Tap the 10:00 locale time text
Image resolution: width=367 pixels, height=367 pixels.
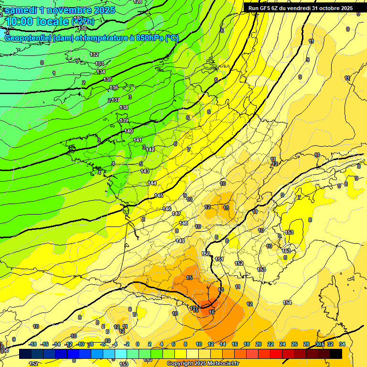point(36,22)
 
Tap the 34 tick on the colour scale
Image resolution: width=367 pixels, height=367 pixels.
point(342,344)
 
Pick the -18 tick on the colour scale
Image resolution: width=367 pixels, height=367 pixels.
point(32,344)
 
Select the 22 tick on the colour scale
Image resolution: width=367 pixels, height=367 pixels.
point(270,344)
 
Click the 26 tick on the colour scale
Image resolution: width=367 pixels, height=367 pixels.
point(294,344)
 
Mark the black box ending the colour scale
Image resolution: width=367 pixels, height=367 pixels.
point(336,354)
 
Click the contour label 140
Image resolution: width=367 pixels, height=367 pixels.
point(129,131)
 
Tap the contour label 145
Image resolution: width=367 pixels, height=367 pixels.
point(159,195)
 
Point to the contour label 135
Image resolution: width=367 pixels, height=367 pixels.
point(108,79)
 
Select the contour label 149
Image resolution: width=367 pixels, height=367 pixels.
point(180,241)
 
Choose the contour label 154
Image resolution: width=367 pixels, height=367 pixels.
point(287,302)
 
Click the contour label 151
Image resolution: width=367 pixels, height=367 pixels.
point(219,259)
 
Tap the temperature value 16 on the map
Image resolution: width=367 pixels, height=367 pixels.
point(212,312)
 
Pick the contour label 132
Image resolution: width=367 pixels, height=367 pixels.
point(94,54)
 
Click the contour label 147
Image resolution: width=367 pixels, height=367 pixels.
point(176,214)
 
